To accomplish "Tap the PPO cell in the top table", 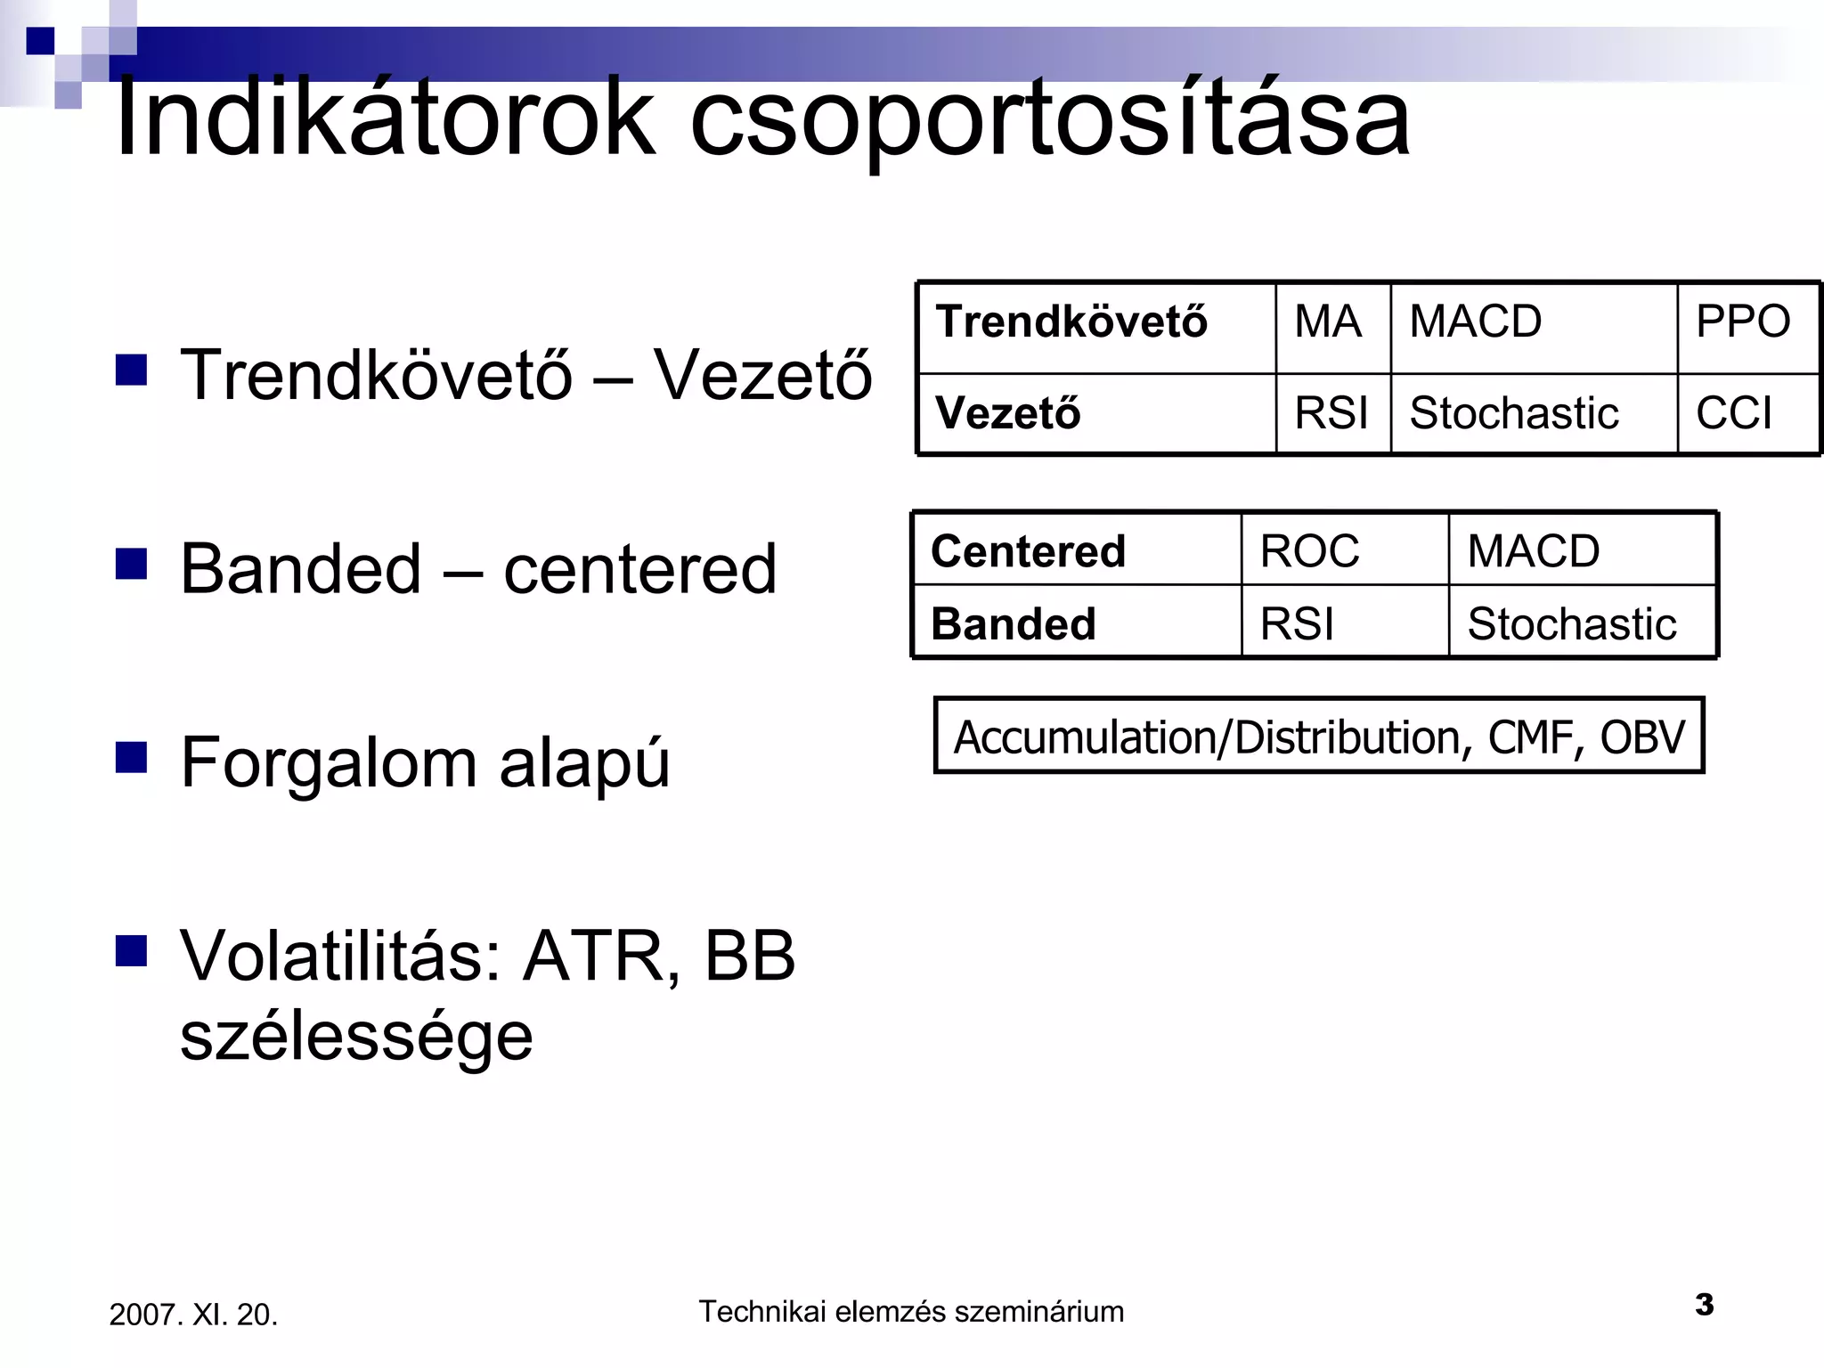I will (x=1742, y=322).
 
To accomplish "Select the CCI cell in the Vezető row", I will (x=1734, y=413).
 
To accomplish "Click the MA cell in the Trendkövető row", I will (x=1328, y=322).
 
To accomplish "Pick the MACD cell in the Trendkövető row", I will (x=1476, y=322).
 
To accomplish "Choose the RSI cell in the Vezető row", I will (x=1331, y=413).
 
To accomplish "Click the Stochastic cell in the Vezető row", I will (x=1514, y=413).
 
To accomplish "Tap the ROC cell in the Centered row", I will (x=1309, y=551).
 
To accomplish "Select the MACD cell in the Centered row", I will (x=1534, y=551).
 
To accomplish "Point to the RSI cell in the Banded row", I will (x=1297, y=623).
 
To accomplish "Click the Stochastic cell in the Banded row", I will (x=1572, y=623).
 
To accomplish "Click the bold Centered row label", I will (x=1028, y=551).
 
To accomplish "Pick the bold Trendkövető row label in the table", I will (x=1071, y=322).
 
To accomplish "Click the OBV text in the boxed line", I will (x=1642, y=737).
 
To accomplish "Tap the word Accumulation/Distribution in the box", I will (x=1207, y=737).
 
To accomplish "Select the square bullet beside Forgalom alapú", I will (x=131, y=758).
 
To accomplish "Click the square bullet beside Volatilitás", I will (x=131, y=951).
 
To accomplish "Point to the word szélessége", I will (x=356, y=1037).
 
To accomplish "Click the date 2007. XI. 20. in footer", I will (x=193, y=1315).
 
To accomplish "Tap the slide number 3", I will (x=1704, y=1305).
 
